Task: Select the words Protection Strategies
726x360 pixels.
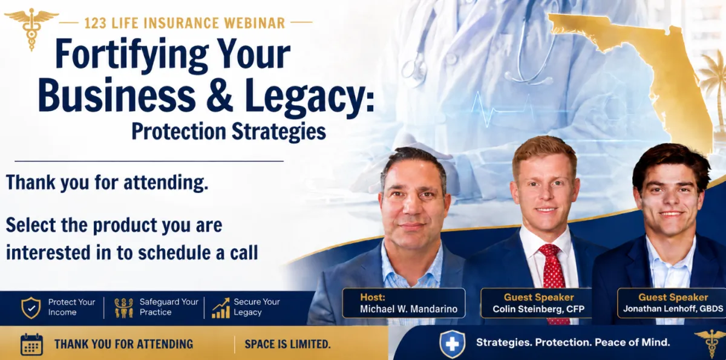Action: click(229, 132)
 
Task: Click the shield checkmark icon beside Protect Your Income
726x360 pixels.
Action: click(31, 307)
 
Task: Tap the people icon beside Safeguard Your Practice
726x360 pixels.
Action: click(124, 307)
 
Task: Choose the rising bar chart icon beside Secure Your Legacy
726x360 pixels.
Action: click(221, 308)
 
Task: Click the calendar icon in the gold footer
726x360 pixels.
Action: click(31, 344)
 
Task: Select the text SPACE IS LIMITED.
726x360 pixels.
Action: click(287, 344)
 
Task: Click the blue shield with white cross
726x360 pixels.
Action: click(452, 344)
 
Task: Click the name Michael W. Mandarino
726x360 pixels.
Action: click(409, 309)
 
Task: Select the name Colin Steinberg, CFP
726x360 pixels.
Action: click(538, 309)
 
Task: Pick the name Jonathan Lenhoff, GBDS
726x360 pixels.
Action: click(673, 309)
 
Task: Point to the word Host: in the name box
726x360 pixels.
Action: click(373, 297)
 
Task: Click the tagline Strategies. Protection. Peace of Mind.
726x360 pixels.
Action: click(573, 342)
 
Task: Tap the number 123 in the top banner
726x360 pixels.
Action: click(96, 24)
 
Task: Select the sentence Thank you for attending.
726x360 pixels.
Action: click(107, 183)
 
